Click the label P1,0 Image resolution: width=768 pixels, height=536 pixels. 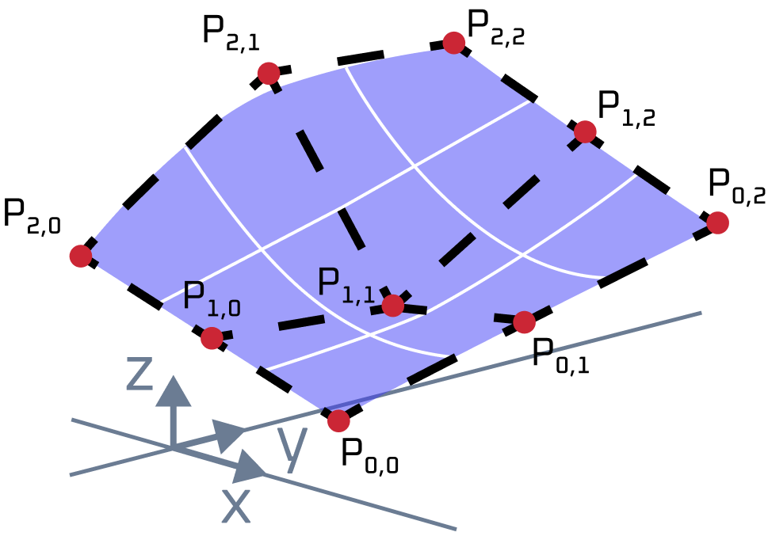pos(211,298)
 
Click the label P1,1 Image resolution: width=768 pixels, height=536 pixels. pos(346,285)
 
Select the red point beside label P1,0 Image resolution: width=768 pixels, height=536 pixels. pos(212,338)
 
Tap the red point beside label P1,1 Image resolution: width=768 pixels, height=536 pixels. pos(392,305)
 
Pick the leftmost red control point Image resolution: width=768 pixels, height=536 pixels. pos(80,256)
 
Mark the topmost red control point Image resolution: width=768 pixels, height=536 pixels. pos(453,43)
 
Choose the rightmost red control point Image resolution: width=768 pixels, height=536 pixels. pos(717,222)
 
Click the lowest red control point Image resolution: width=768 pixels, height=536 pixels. pos(338,420)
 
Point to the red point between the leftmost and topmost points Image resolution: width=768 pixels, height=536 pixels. pos(269,73)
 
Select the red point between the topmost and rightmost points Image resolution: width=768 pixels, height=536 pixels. pos(585,131)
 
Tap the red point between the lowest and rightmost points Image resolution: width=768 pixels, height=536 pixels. pos(524,322)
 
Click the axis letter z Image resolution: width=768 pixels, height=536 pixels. pos(139,374)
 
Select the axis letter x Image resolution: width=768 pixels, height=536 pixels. pos(235,506)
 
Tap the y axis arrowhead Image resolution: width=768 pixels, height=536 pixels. pos(229,435)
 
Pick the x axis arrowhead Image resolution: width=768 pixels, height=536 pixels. pos(249,467)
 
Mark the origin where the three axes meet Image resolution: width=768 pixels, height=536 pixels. pos(173,448)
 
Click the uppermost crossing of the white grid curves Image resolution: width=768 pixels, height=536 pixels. pos(414,165)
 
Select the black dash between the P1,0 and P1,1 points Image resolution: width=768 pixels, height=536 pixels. pos(301,322)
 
